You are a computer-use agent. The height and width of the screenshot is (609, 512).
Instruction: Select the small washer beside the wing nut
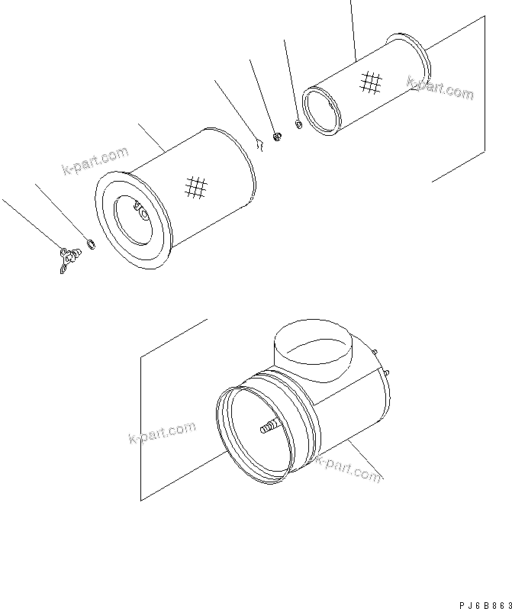pos(91,245)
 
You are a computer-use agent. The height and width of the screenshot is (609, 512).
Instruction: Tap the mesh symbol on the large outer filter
pos(197,187)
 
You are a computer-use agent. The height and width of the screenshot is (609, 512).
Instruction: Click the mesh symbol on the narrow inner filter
pos(371,82)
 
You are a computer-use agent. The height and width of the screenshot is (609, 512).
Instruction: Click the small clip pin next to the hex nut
pos(259,142)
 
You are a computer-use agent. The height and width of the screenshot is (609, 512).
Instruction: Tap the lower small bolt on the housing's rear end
pos(388,372)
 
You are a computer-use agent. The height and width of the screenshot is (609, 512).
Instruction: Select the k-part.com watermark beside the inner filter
pos(440,89)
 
